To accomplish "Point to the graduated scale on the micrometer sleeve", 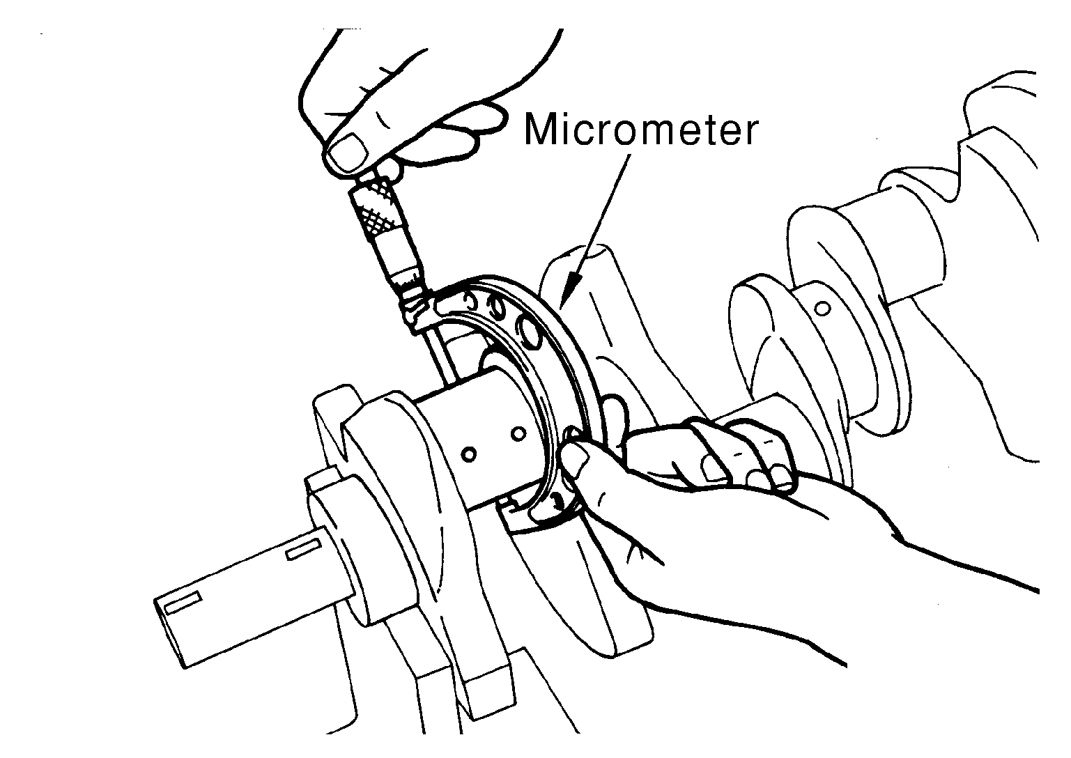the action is pyautogui.click(x=409, y=282).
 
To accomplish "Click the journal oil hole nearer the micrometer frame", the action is pyautogui.click(x=518, y=433).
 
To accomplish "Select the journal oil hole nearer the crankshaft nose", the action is pyautogui.click(x=469, y=454).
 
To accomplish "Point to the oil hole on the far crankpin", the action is pyautogui.click(x=822, y=309).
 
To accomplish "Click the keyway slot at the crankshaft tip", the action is pyautogui.click(x=183, y=603).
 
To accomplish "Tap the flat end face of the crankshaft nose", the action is pyautogui.click(x=170, y=633).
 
